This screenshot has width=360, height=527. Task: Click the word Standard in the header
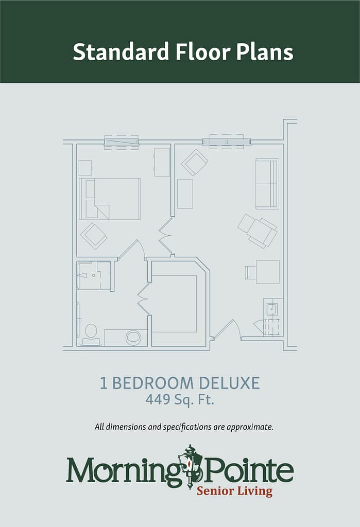tap(121, 52)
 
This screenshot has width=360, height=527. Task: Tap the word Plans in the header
tap(264, 52)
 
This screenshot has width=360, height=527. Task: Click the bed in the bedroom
tap(110, 199)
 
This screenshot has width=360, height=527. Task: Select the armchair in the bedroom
tap(94, 236)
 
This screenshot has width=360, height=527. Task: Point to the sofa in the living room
tap(267, 184)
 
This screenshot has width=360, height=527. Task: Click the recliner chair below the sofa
tap(258, 231)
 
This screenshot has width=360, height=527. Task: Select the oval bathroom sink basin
tap(133, 338)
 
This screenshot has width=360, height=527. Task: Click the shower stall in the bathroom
tap(94, 275)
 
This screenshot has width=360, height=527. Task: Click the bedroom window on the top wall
tap(121, 142)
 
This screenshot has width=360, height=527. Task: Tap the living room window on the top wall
tap(227, 142)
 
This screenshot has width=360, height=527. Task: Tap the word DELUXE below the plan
tap(229, 383)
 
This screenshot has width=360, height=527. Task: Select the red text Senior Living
tap(234, 491)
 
